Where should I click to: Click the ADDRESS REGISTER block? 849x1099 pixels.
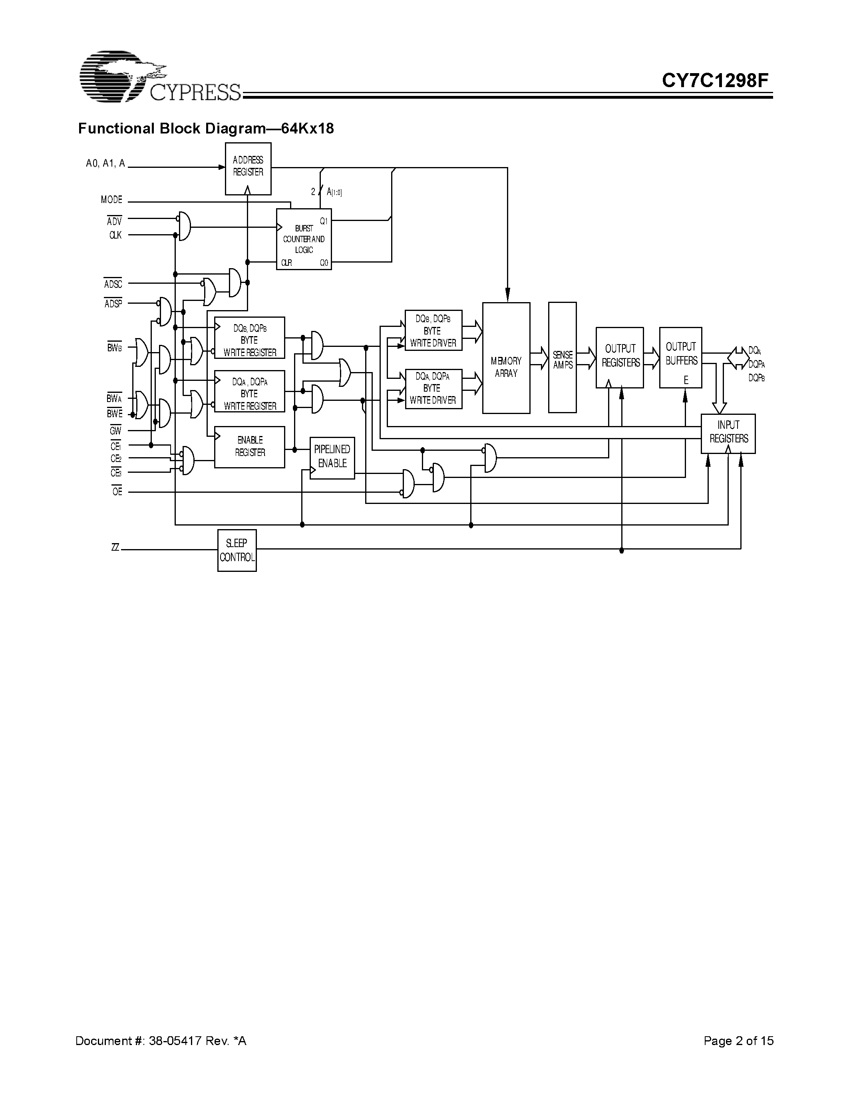[248, 168]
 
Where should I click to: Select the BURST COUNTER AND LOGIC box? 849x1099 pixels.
[304, 239]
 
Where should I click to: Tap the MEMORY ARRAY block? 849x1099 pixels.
[506, 358]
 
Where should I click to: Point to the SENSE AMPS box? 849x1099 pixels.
[562, 357]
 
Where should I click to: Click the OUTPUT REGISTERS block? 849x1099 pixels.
[620, 357]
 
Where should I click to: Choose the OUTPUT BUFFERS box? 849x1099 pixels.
[680, 357]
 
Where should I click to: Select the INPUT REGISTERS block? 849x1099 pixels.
[728, 433]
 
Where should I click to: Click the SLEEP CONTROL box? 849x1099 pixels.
[237, 550]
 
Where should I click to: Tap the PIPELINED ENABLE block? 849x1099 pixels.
[332, 458]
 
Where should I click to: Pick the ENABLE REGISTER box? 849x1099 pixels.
[249, 447]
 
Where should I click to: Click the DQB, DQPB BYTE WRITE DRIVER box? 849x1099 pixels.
[433, 330]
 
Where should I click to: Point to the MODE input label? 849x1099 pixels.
[111, 200]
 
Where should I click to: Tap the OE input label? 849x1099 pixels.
[117, 492]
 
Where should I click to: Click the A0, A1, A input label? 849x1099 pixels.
[105, 163]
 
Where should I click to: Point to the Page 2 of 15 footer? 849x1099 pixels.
[738, 1041]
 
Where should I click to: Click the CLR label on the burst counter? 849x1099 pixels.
[286, 263]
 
